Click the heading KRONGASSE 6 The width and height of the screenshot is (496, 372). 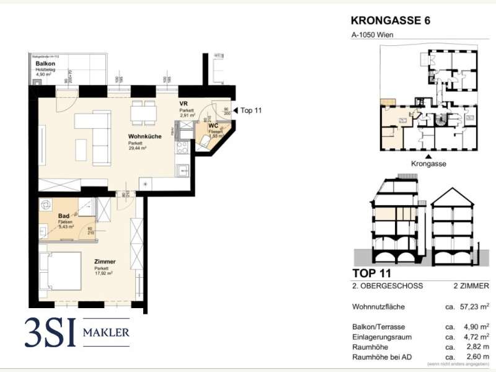(x=390, y=20)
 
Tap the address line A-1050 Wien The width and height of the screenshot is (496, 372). (x=372, y=35)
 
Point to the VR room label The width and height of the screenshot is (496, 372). (x=184, y=104)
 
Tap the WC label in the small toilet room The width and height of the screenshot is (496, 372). (x=213, y=125)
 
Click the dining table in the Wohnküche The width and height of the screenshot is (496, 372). (x=143, y=112)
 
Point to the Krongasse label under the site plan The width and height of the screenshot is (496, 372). (x=428, y=164)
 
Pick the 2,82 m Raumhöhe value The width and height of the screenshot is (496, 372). (x=470, y=347)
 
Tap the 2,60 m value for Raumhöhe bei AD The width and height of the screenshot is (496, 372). (x=470, y=358)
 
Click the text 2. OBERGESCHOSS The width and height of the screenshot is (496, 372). (x=387, y=286)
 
